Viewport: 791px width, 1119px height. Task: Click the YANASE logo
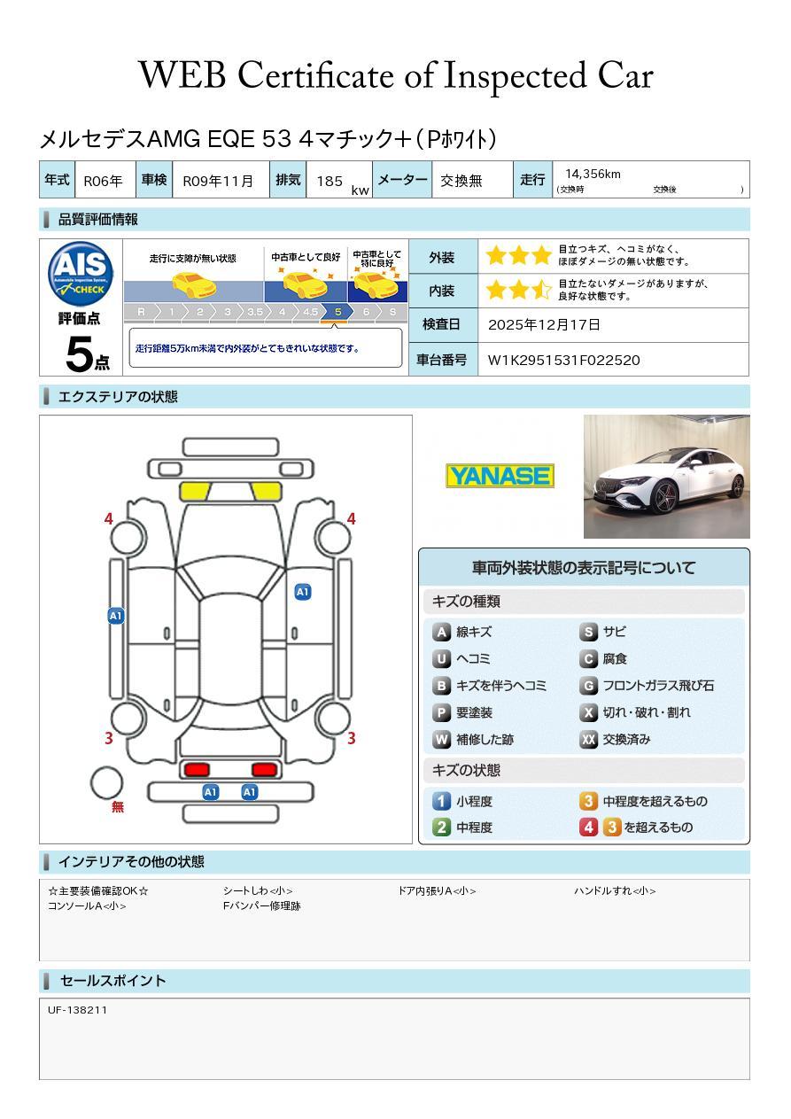[x=500, y=476]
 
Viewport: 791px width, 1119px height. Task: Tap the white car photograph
[x=666, y=477]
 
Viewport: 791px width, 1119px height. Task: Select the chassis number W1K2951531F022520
[x=563, y=360]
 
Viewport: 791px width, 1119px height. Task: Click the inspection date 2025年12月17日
[x=544, y=325]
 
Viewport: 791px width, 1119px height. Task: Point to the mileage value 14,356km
[x=593, y=175]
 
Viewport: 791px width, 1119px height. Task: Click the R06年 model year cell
[x=103, y=181]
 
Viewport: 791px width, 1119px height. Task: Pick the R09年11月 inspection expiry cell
[x=218, y=181]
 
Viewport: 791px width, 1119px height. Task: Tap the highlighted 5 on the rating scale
[x=337, y=312]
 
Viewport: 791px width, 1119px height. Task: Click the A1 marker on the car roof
[x=303, y=592]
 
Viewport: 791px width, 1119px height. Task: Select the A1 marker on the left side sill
[x=116, y=616]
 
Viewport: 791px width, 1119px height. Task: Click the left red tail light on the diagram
[x=195, y=769]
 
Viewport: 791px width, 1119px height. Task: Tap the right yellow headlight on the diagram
[x=265, y=491]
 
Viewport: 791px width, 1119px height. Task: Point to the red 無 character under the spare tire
[x=118, y=807]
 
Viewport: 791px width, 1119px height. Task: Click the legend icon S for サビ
[x=588, y=633]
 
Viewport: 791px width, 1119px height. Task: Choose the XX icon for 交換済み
[x=588, y=740]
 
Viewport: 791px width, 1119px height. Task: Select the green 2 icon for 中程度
[x=441, y=828]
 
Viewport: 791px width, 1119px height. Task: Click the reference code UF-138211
[x=78, y=1010]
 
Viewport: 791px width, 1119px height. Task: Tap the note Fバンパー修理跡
[x=261, y=906]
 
